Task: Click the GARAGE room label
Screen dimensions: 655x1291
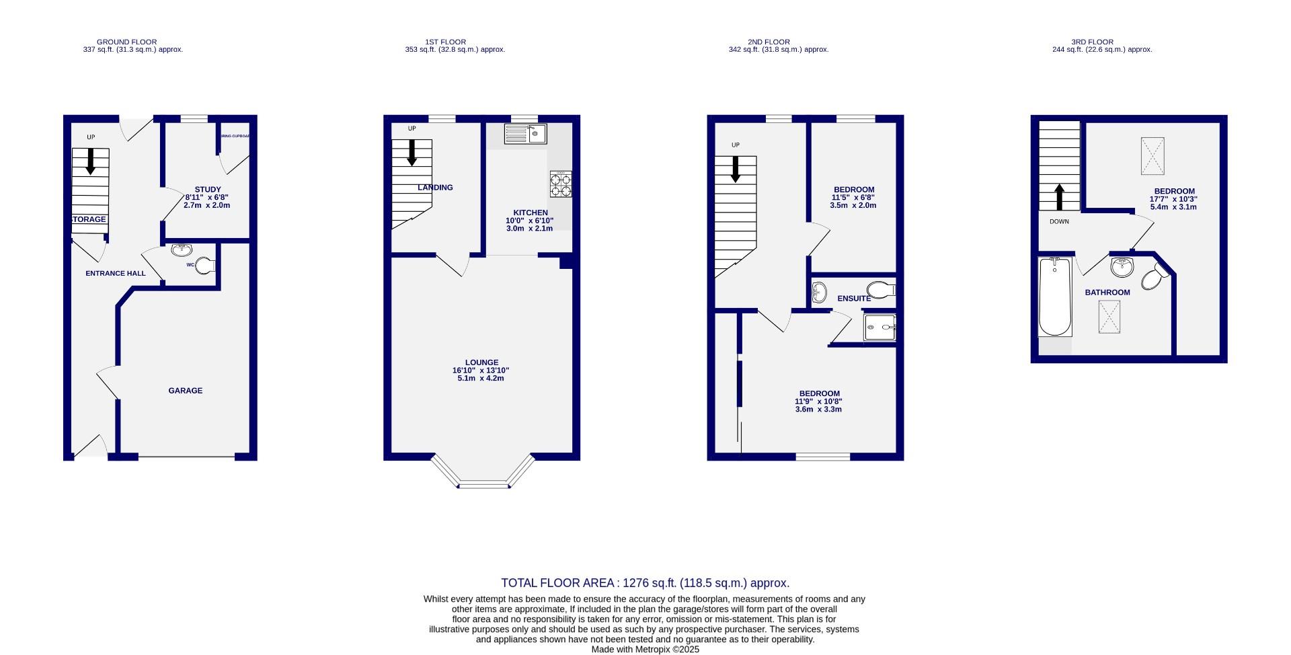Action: (185, 391)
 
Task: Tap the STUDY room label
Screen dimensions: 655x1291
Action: (208, 190)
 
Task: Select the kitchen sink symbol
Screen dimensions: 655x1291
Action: (526, 134)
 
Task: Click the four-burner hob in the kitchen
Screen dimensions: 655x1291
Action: (561, 184)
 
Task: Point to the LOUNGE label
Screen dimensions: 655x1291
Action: (481, 362)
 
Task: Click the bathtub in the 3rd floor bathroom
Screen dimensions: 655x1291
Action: (1055, 297)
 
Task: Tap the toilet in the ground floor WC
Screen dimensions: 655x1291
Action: (205, 266)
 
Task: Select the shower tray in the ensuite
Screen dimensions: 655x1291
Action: (879, 328)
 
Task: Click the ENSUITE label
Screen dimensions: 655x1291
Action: (854, 299)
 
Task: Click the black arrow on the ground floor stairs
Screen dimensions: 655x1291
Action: (90, 161)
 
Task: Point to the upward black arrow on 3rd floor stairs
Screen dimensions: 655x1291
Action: (1060, 197)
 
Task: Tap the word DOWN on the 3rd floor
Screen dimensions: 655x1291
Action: (1059, 222)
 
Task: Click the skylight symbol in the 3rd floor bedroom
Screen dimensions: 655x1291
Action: (1152, 156)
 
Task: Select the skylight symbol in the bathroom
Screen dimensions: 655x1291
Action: (1109, 317)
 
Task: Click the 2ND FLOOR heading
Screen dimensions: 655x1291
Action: (769, 42)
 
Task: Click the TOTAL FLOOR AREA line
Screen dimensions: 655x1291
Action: (645, 583)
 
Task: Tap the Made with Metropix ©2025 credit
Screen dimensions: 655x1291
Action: (645, 650)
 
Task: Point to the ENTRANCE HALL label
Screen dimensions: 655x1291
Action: (116, 274)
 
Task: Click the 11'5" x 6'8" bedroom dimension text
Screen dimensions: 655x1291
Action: (853, 198)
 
